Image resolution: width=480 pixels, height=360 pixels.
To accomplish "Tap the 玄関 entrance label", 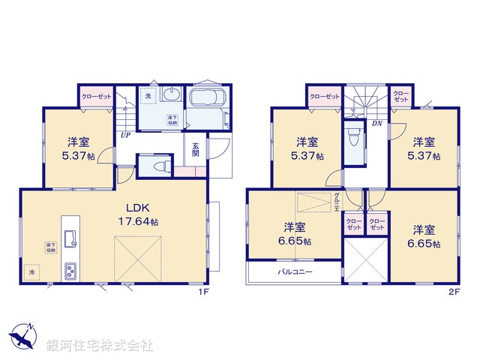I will click(x=195, y=150).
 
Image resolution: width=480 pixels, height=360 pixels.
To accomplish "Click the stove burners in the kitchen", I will click(x=70, y=270).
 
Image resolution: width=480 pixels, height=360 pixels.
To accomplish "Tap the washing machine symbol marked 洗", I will click(x=148, y=97).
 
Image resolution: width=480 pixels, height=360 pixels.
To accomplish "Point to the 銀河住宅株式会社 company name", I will click(x=100, y=346).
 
